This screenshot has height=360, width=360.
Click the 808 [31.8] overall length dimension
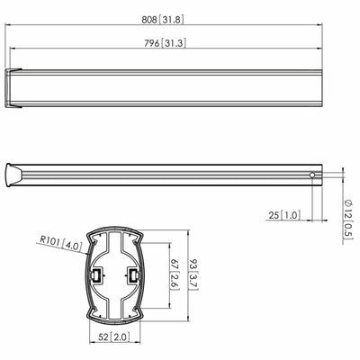point(163,20)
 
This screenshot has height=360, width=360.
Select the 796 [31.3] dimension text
point(165,43)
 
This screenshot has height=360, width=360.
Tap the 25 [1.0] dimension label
point(284,215)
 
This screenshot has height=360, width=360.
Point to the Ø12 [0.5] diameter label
point(348,220)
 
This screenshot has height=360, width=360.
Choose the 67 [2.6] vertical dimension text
point(175,274)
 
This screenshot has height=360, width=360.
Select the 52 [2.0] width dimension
point(114,337)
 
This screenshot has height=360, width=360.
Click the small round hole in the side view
point(312,175)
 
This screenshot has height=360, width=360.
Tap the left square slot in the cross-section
point(96,275)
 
